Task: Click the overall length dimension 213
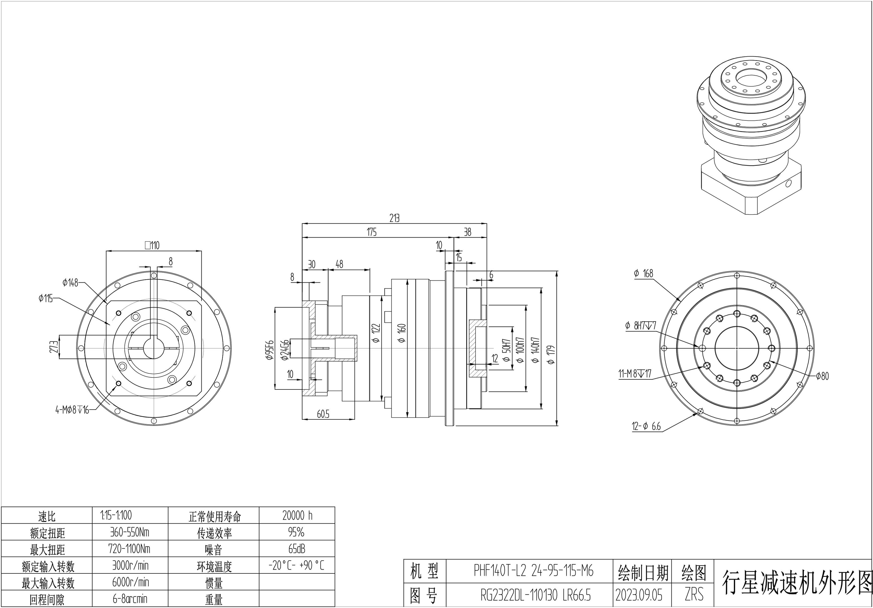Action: pos(394,218)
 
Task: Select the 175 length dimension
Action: pos(372,232)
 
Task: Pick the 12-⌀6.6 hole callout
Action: pos(646,426)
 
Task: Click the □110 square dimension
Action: pos(152,245)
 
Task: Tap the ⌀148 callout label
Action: pos(70,282)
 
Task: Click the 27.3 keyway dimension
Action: pos(54,346)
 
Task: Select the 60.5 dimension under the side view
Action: pos(323,414)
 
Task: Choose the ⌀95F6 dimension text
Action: pos(270,350)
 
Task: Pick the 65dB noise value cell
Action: pos(297,549)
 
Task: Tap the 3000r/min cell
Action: pos(130,565)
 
